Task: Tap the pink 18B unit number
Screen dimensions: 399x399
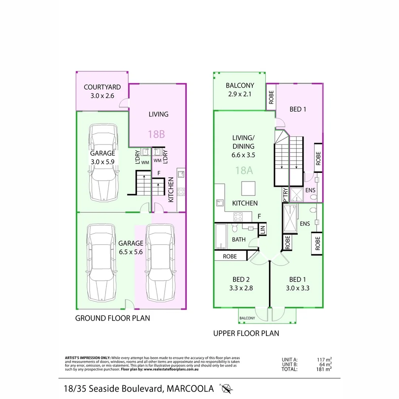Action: [156, 134]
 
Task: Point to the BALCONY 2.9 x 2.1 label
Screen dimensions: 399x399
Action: [239, 90]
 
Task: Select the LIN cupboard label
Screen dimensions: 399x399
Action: [263, 230]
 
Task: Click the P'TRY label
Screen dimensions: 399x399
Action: [285, 195]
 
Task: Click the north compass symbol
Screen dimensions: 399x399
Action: [226, 388]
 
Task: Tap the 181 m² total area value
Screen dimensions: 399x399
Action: [324, 368]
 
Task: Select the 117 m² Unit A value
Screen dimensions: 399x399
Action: [324, 359]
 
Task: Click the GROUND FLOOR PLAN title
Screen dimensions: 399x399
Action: [113, 318]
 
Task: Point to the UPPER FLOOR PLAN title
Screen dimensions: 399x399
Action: [246, 333]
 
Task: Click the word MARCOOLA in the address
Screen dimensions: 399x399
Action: [190, 389]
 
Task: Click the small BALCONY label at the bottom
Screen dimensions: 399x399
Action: [247, 318]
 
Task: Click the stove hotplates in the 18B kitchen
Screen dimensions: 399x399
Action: [181, 192]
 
